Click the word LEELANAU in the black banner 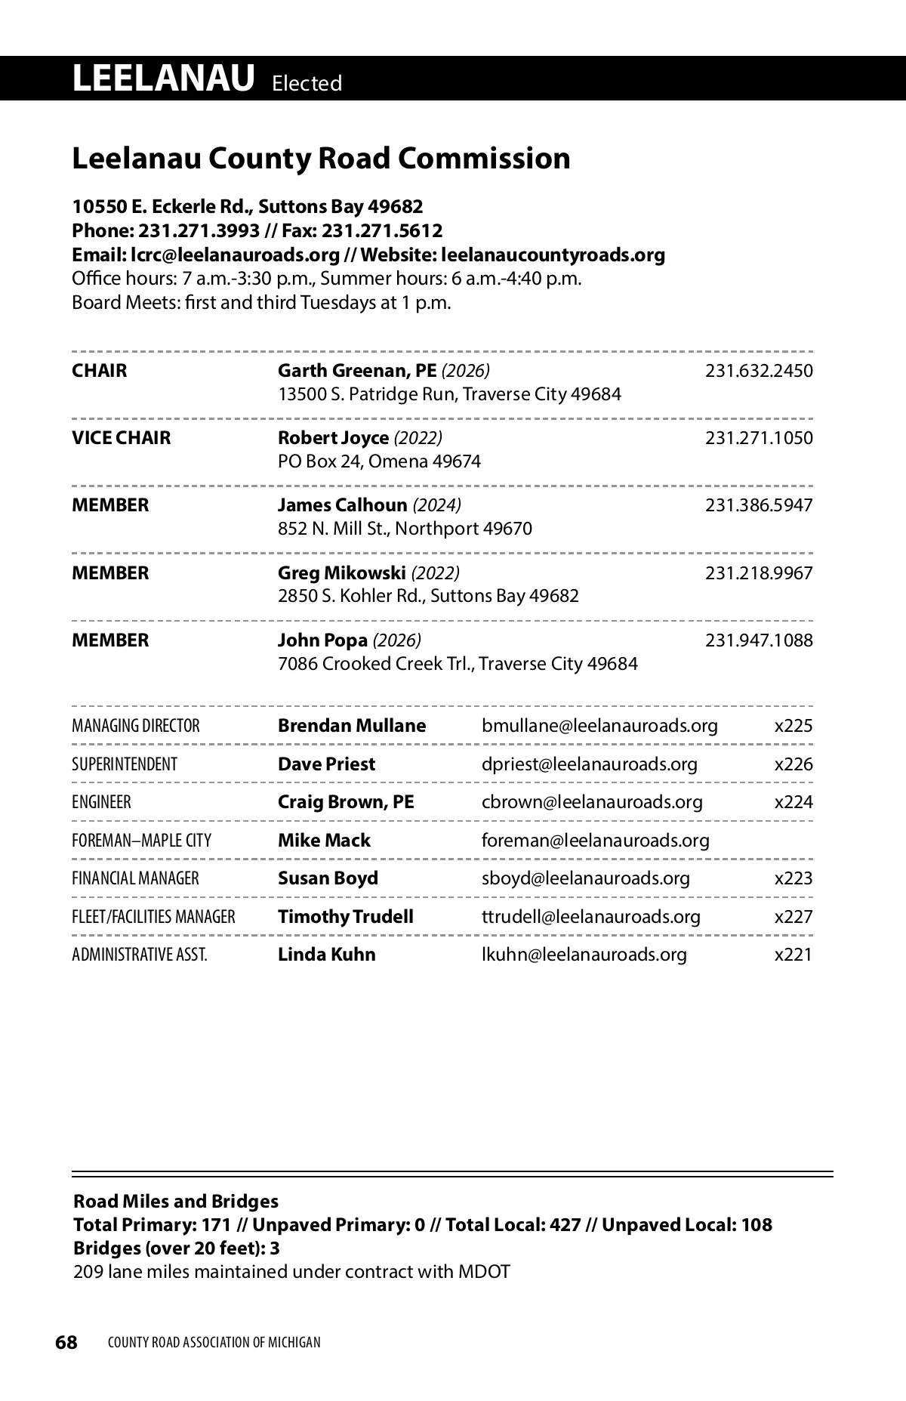(163, 79)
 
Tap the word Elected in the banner (307, 83)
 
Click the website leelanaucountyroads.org (552, 255)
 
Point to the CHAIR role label (100, 371)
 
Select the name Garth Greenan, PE (357, 371)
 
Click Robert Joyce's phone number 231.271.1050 (759, 438)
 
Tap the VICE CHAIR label (122, 438)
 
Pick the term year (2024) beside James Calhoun (436, 505)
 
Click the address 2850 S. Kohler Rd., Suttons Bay (428, 596)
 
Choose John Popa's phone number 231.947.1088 (759, 640)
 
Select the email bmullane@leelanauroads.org (599, 726)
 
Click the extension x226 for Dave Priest (794, 764)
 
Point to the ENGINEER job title (101, 802)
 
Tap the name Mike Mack (324, 841)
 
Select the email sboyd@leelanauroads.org (586, 878)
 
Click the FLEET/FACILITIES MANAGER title (153, 917)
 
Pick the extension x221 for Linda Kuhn (794, 955)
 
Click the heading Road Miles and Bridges (176, 1202)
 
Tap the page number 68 (66, 1342)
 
